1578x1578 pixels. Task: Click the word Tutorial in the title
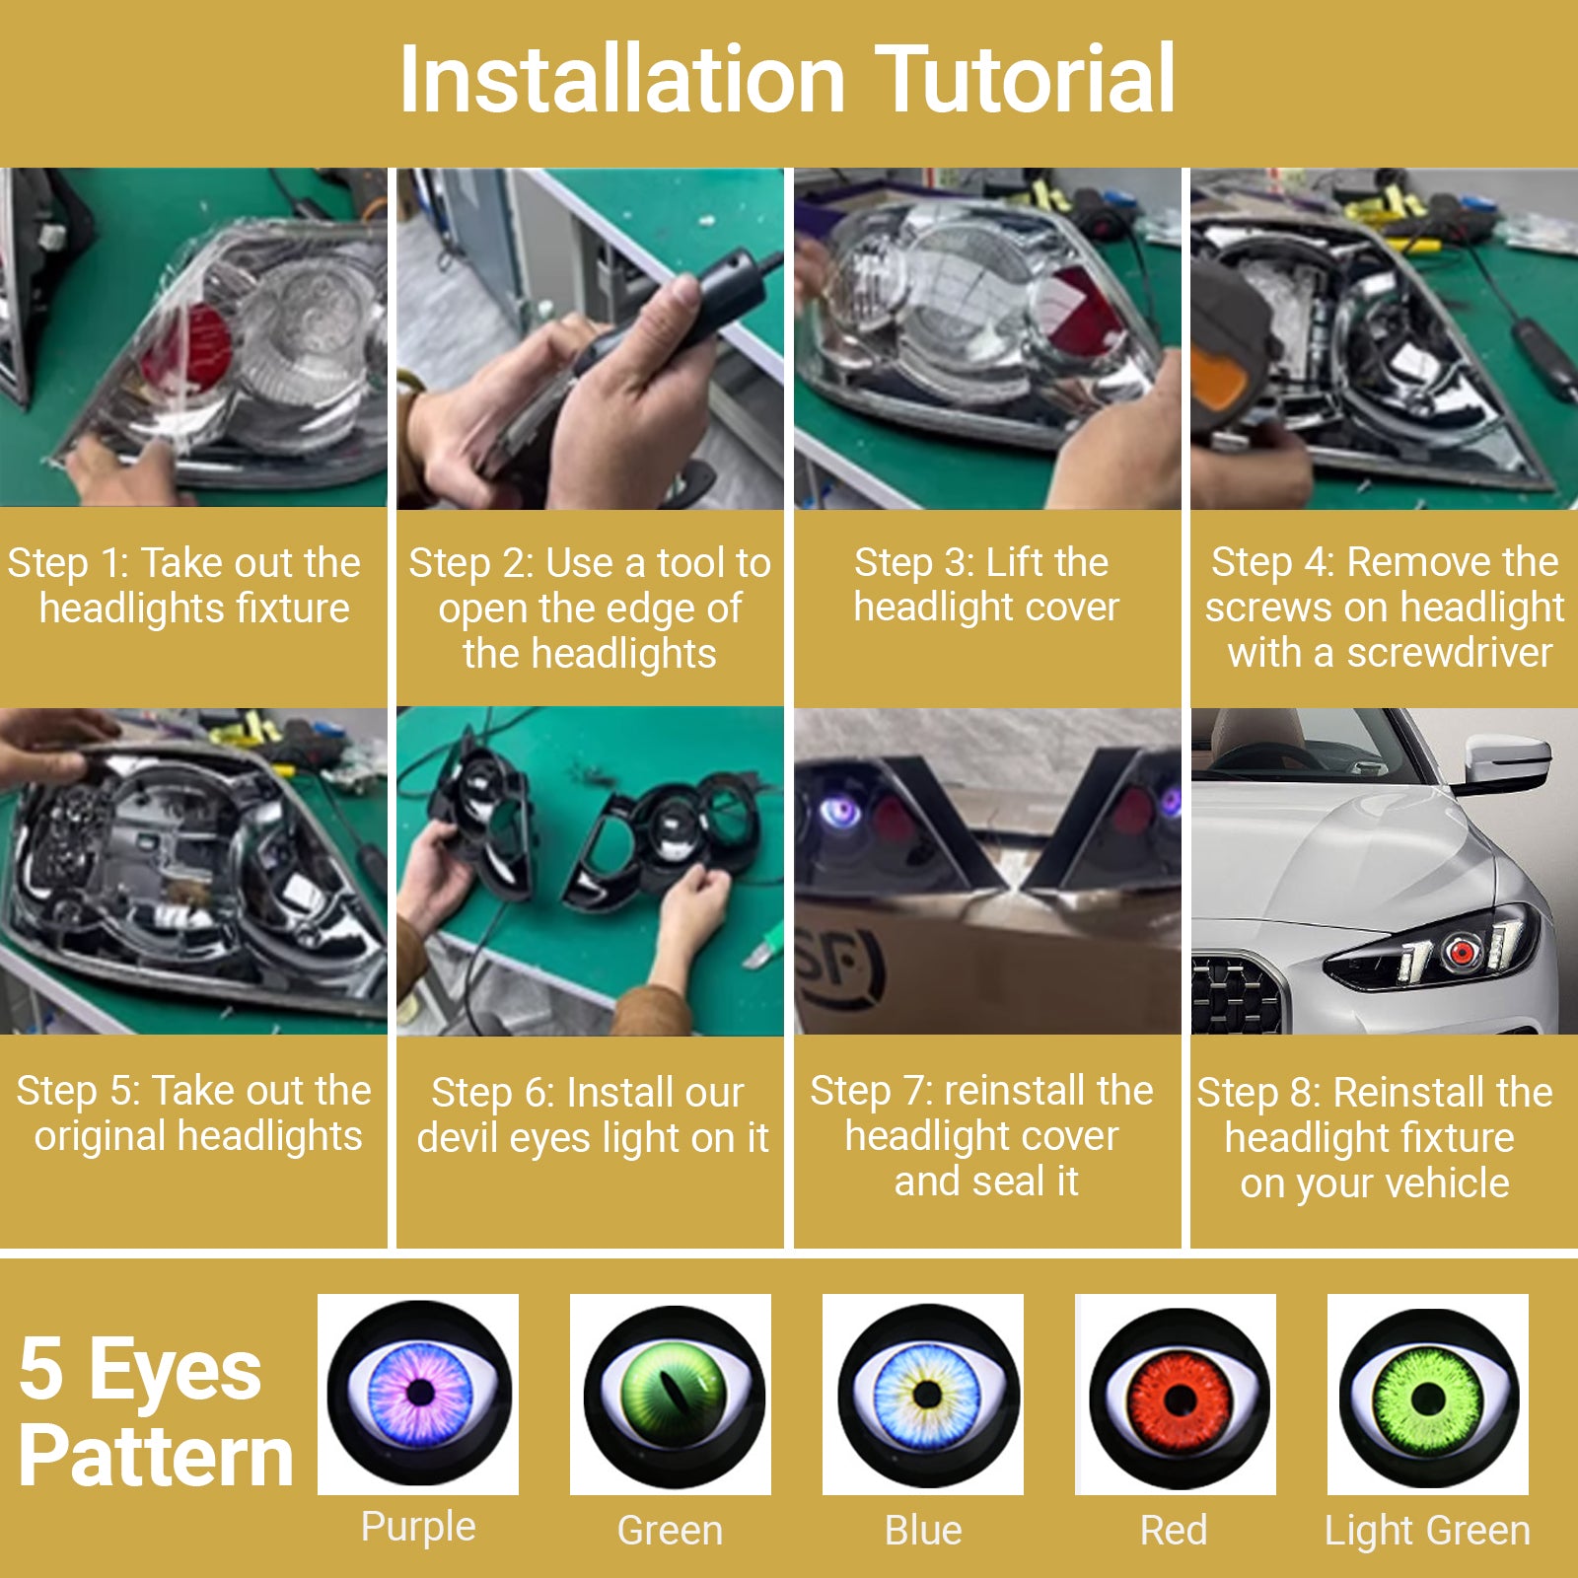[x=1025, y=79]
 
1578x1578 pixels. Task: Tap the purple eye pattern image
[x=418, y=1394]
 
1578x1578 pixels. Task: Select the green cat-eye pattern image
[x=671, y=1395]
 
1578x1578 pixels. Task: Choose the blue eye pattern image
[x=923, y=1395]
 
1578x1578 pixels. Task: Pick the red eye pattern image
[x=1176, y=1395]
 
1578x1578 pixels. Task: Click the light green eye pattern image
[x=1428, y=1395]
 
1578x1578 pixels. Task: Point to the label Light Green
[x=1427, y=1531]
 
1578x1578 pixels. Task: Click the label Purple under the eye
[x=418, y=1527]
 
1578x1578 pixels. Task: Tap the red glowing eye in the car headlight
[x=1462, y=952]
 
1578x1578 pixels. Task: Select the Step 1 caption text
[x=185, y=586]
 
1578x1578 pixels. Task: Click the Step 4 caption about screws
[x=1385, y=608]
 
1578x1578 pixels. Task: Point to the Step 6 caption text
[x=592, y=1115]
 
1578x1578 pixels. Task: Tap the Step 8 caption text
[x=1375, y=1137]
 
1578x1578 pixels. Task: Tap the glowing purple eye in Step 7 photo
[x=842, y=811]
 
